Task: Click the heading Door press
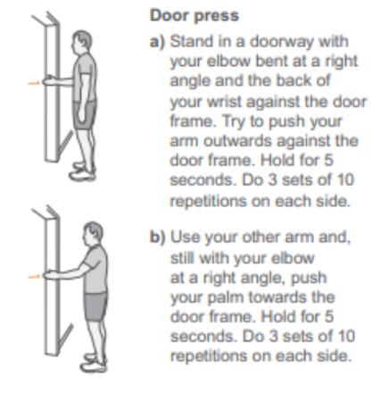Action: coord(194,16)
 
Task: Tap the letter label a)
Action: coord(157,42)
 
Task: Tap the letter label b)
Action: coord(157,237)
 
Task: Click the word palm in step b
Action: coord(225,298)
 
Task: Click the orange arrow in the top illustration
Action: coord(34,83)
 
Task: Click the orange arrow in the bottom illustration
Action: coord(34,277)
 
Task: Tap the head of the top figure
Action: coord(81,42)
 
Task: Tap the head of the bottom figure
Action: coord(93,234)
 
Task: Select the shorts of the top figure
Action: coord(85,114)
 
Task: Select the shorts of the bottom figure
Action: coord(95,306)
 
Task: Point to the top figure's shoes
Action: coord(82,172)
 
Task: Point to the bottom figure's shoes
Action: coord(94,363)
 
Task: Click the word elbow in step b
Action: coord(293,258)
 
